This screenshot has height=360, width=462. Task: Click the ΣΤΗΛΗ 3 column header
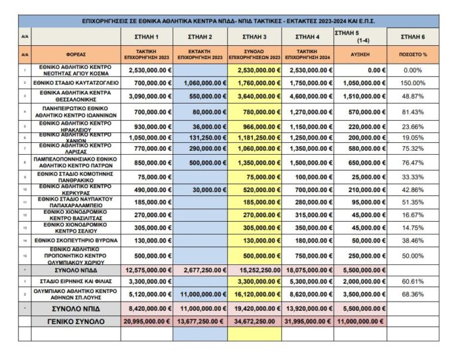[x=256, y=36]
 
